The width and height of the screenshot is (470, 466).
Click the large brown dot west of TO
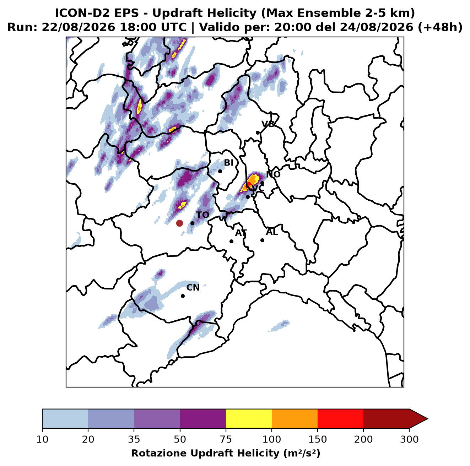tap(179, 223)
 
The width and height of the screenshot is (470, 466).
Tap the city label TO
tap(202, 215)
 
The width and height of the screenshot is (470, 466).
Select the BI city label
tap(228, 163)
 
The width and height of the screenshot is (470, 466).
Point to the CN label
tap(193, 287)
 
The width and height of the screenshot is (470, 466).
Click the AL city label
tap(272, 232)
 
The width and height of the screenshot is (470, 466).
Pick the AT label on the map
tap(241, 233)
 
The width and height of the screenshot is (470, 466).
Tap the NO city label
tap(273, 174)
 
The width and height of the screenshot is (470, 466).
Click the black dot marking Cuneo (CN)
tap(183, 296)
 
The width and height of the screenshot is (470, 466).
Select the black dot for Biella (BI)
tap(220, 171)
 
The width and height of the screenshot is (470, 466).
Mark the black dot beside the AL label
tap(262, 240)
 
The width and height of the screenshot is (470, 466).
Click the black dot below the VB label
tap(258, 132)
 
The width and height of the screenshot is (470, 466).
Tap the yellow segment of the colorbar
tap(249, 418)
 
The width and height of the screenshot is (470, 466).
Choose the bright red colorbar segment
tap(340, 418)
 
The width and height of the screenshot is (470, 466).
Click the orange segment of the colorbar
tap(295, 418)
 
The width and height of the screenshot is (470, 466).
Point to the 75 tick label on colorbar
tap(226, 439)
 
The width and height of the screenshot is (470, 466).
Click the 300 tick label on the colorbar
tap(409, 439)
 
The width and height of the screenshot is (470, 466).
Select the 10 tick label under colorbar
tap(42, 439)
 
